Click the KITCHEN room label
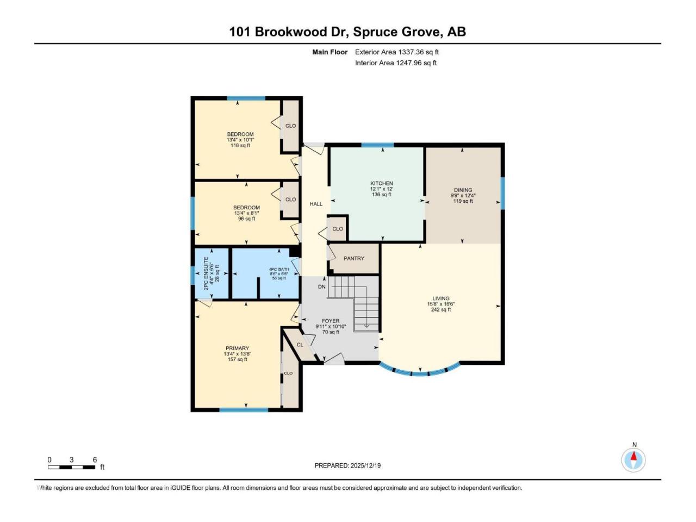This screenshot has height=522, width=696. click(x=382, y=184)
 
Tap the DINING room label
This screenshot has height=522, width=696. click(x=463, y=190)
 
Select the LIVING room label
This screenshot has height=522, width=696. click(x=441, y=299)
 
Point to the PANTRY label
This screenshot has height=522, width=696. click(x=354, y=258)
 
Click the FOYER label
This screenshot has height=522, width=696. click(x=331, y=321)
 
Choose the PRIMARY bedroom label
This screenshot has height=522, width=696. click(x=238, y=349)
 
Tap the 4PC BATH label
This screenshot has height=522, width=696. click(x=279, y=269)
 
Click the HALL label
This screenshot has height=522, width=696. click(x=316, y=204)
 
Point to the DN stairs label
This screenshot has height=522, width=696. click(x=322, y=287)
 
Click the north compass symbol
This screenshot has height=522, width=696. click(x=633, y=459)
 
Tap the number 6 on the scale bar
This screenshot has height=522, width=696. click(x=95, y=460)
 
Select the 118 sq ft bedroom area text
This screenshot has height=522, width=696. click(x=240, y=145)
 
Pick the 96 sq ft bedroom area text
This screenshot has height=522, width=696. click(x=246, y=219)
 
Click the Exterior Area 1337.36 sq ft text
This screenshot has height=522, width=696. click(x=397, y=52)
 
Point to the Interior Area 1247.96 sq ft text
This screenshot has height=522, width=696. click(x=396, y=63)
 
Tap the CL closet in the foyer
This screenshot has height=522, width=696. click(x=300, y=345)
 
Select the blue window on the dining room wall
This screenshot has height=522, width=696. click(x=502, y=193)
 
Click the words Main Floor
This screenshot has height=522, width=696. click(x=330, y=52)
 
